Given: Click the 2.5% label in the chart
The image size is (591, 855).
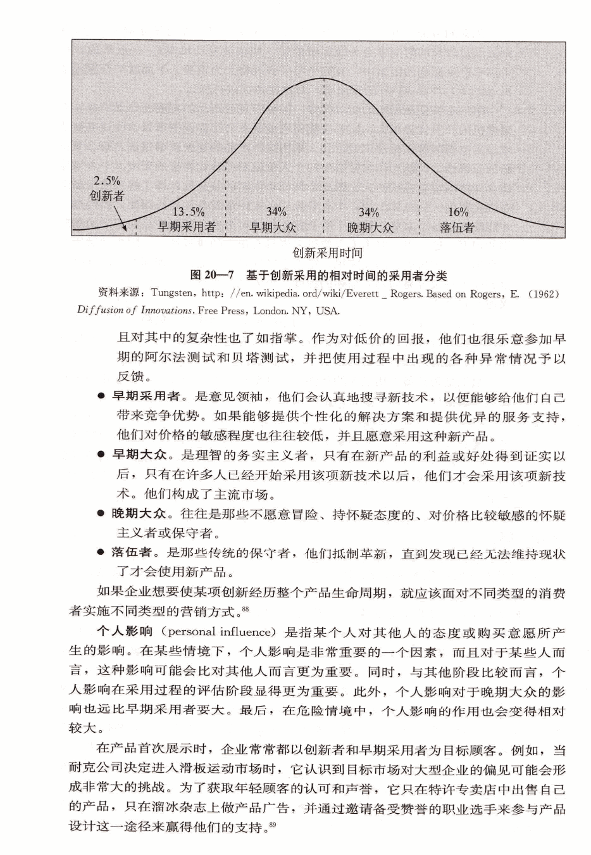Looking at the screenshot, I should tap(107, 181).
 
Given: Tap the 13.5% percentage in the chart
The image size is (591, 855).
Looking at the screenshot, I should tap(188, 212).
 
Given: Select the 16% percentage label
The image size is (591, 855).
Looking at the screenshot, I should tap(458, 212).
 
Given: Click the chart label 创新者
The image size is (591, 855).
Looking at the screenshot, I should tap(107, 196).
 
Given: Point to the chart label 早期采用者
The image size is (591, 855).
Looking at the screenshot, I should tap(187, 227).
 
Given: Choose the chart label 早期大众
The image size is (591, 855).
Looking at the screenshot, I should tap(273, 227).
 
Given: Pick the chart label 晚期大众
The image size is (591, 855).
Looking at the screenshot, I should tap(370, 227).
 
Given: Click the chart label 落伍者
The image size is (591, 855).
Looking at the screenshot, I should tap(457, 227).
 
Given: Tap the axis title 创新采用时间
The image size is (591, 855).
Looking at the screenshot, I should tap(327, 253).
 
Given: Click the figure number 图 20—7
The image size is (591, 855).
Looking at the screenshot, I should tap(213, 275).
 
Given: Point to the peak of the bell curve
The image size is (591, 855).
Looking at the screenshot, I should tap(324, 79).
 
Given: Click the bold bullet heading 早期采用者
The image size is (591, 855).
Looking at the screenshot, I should tap(146, 396).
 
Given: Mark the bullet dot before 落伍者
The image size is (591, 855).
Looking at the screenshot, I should tap(101, 553).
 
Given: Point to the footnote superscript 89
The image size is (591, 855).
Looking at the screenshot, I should tap(273, 824).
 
